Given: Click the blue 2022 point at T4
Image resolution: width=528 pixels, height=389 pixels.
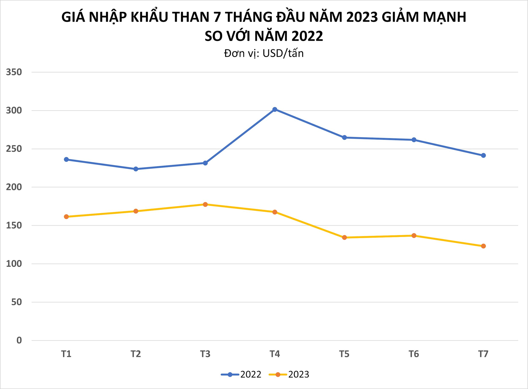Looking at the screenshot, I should [x=275, y=109].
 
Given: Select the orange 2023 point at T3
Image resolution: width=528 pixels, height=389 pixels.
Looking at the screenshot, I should [x=205, y=204].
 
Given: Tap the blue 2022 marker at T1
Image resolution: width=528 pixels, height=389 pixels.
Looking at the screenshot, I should [x=66, y=159].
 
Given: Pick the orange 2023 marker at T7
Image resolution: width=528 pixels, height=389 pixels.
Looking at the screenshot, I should [x=483, y=246].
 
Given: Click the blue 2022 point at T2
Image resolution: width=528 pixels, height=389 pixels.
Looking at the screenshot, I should [x=136, y=169].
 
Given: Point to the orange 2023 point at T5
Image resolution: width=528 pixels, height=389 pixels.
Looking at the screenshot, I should [x=344, y=238].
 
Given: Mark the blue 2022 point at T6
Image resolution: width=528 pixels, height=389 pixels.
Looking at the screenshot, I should [x=414, y=140].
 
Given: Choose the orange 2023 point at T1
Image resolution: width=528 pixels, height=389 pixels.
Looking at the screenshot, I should [x=66, y=217].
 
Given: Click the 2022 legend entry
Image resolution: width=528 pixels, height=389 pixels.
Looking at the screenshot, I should [x=241, y=374].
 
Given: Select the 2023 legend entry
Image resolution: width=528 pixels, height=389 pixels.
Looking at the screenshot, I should [x=289, y=374].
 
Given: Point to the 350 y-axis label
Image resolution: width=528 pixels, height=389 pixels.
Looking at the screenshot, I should [x=14, y=72].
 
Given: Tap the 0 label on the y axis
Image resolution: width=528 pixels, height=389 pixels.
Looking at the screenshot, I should [x=19, y=340].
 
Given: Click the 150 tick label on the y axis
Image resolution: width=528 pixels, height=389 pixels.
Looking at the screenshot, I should [x=14, y=225].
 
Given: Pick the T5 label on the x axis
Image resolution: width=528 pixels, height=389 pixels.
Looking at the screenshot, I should [x=344, y=354].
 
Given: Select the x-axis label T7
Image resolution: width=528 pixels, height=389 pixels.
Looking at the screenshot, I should [x=483, y=354].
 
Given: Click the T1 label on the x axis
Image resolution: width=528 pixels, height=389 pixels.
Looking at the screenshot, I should [x=66, y=354].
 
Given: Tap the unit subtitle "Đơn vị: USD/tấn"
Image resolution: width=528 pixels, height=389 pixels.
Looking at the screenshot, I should [x=264, y=53].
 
